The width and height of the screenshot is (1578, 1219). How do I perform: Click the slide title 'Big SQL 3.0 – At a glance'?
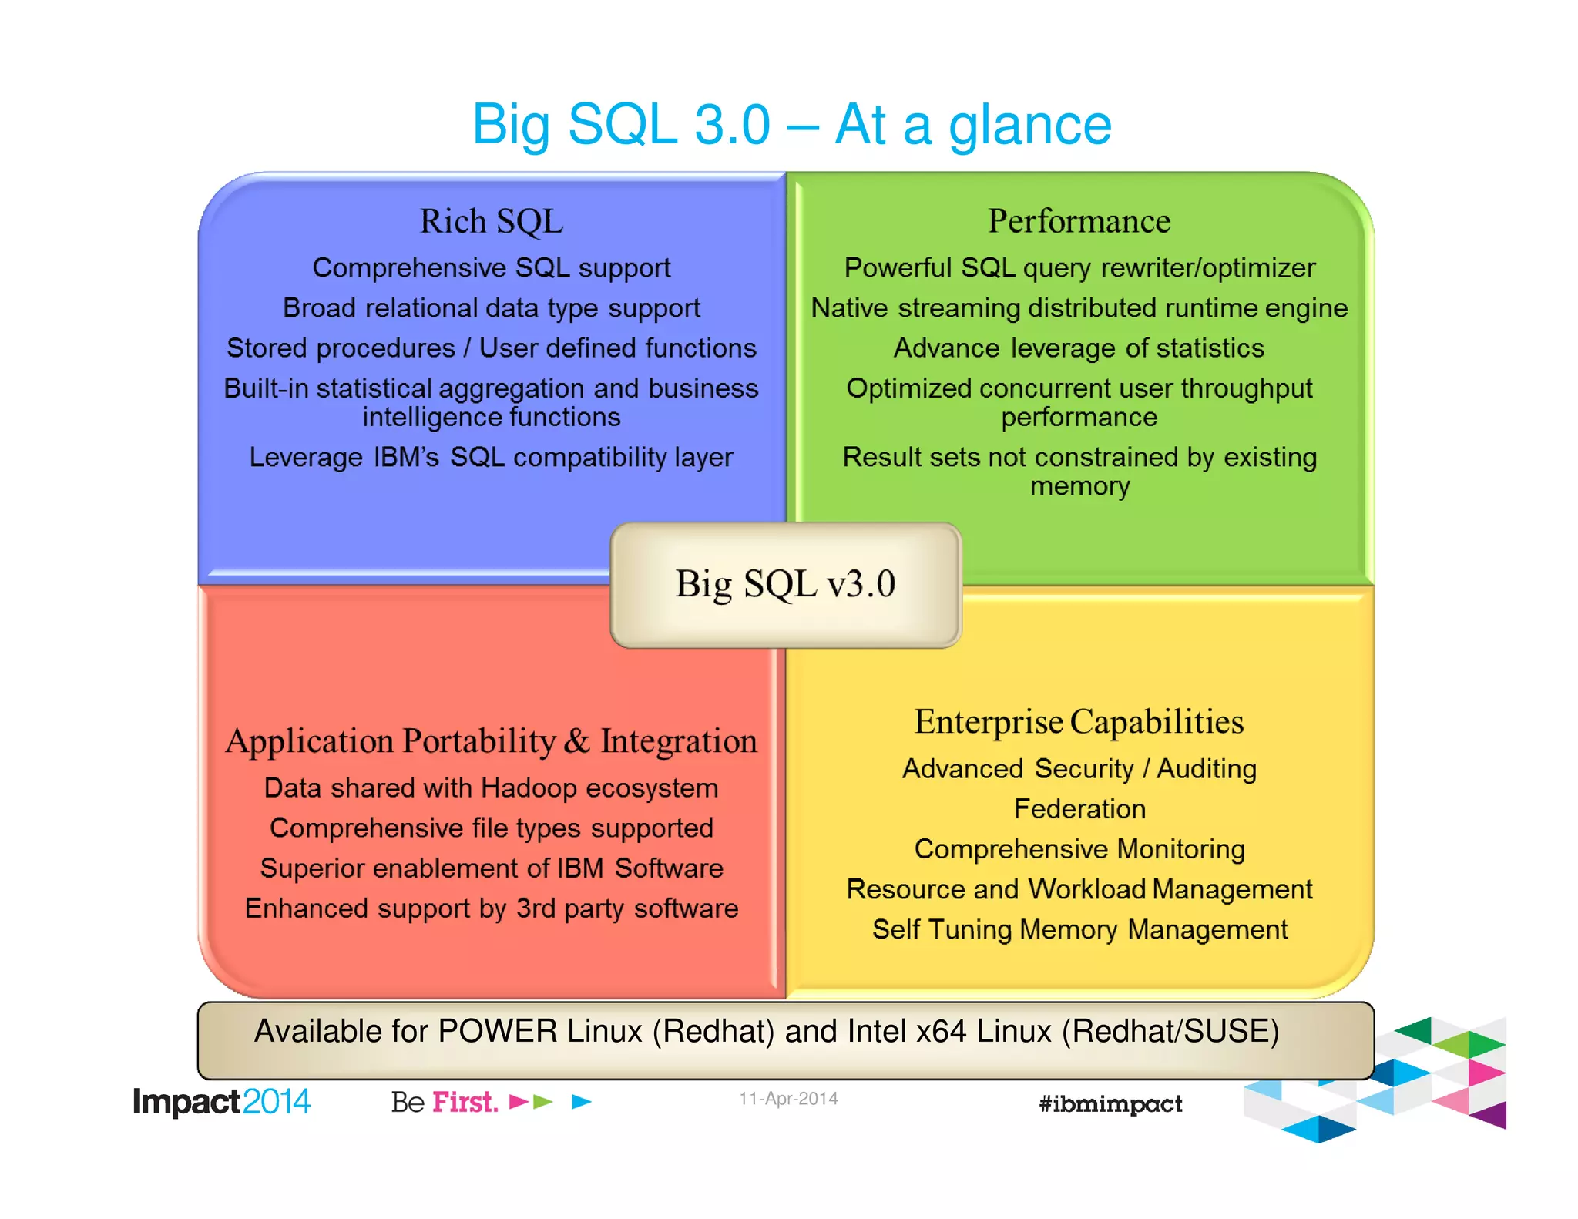pos(791,125)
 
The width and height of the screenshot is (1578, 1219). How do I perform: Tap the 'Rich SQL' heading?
pos(492,222)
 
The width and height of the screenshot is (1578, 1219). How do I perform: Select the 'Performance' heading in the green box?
pos(1079,222)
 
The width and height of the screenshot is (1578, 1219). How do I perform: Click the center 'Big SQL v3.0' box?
pos(785,584)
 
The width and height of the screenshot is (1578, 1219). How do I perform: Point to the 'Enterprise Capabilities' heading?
pos(1079,722)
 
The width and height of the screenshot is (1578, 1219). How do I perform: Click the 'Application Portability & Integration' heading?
pos(492,741)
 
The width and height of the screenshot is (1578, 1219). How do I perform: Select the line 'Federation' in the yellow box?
pos(1079,809)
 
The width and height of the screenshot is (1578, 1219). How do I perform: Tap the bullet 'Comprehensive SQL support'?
pos(492,268)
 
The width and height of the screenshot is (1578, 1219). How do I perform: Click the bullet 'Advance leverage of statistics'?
pos(1079,348)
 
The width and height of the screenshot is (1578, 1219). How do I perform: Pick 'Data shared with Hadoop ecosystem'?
pos(492,788)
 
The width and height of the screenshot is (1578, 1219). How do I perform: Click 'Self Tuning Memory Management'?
pos(1079,929)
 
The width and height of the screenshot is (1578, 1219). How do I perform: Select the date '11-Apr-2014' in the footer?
pos(788,1099)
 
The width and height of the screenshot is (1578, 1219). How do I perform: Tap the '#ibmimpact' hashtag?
pos(1110,1104)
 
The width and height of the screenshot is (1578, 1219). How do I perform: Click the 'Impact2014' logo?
pos(221,1102)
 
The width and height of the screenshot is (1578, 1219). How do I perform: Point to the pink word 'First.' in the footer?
pos(465,1102)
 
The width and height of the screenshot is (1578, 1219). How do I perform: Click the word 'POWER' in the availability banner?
pos(497,1032)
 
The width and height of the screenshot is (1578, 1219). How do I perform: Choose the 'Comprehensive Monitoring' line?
pos(1079,849)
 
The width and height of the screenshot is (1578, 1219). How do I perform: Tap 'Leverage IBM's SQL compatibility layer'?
pos(492,458)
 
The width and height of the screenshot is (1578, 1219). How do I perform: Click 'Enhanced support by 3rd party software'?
pos(492,908)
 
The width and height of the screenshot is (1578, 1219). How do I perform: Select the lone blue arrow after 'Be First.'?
pos(581,1102)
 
